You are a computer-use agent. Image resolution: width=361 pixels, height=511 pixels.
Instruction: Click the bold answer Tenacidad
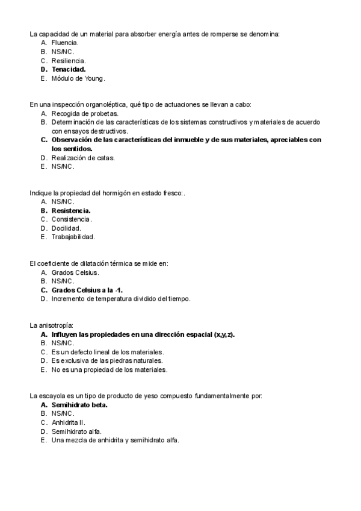[69, 69]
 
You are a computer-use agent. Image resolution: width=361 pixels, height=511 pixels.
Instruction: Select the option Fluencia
[65, 43]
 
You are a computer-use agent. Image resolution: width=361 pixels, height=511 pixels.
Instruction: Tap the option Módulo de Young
[78, 78]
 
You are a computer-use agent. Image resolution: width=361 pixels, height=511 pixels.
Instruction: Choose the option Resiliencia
[69, 61]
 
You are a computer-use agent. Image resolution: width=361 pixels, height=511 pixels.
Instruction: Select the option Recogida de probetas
[85, 113]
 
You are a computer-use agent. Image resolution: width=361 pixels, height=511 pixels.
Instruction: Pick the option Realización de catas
[83, 158]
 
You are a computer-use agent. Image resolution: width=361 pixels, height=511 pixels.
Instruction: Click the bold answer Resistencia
[71, 211]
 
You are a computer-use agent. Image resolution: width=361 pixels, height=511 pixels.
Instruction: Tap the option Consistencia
[72, 219]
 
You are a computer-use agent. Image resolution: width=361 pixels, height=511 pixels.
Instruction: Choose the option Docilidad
[66, 228]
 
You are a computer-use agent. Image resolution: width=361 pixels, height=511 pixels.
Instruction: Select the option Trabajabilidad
[73, 237]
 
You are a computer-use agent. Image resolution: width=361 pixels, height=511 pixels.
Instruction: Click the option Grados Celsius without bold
[75, 272]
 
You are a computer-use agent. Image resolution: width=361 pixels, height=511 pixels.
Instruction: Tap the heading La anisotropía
[51, 325]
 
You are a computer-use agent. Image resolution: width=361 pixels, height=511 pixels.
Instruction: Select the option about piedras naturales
[107, 360]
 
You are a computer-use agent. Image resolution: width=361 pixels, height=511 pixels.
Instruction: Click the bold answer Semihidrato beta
[84, 405]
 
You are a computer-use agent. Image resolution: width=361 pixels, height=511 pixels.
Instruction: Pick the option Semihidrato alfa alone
[76, 431]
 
